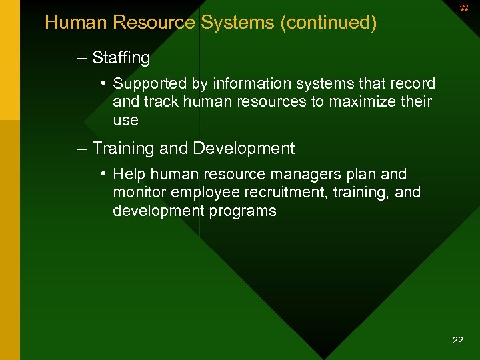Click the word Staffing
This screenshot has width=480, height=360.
pos(121,59)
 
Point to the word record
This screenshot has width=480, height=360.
pos(413,84)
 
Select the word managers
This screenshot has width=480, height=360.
pos(305,175)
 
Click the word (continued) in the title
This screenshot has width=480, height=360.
pos(329,23)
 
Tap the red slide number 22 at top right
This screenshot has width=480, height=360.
pos(464,8)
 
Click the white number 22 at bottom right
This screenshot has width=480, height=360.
pos(457,340)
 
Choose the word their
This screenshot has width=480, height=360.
pos(416,102)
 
